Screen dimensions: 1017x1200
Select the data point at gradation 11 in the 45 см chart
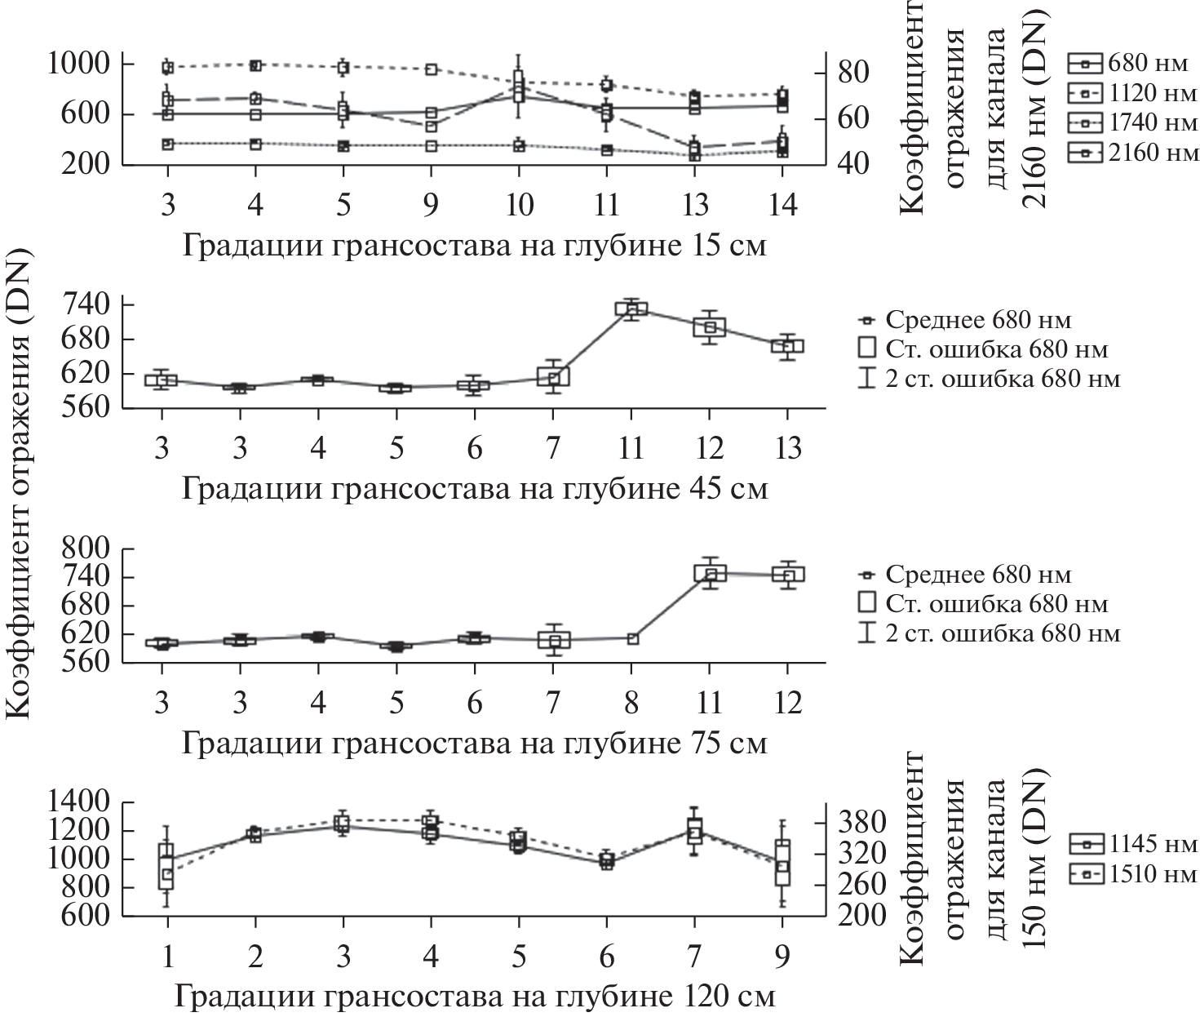point(631,308)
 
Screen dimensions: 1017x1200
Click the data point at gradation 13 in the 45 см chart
point(788,346)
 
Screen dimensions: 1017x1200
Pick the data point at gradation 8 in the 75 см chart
point(632,638)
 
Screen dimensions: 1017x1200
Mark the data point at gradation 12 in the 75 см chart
point(788,575)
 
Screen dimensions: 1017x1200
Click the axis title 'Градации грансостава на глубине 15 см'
point(474,245)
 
